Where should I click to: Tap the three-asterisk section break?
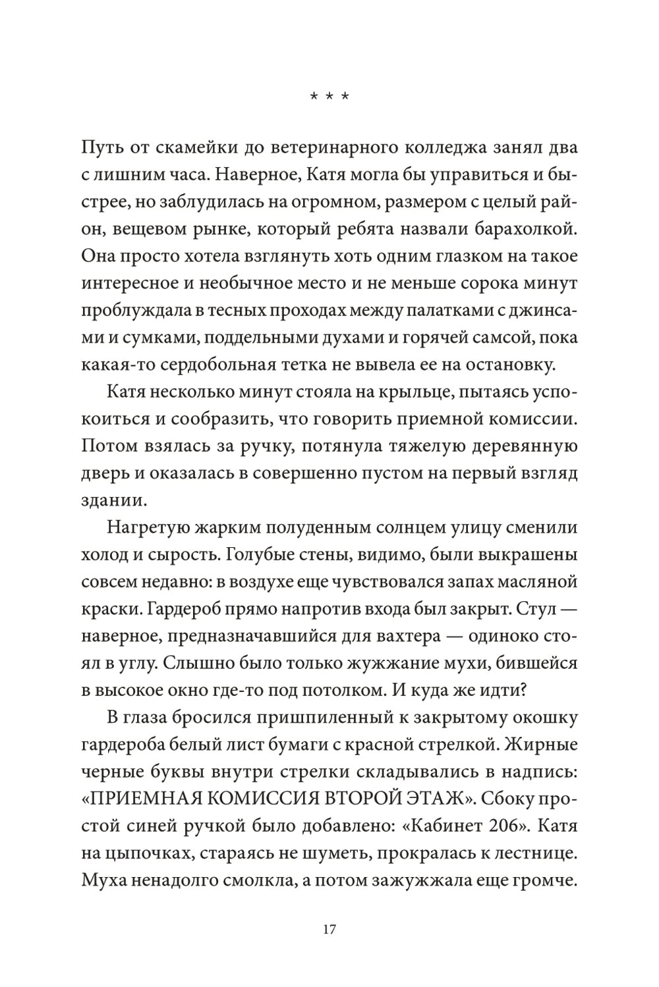pos(329,97)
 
